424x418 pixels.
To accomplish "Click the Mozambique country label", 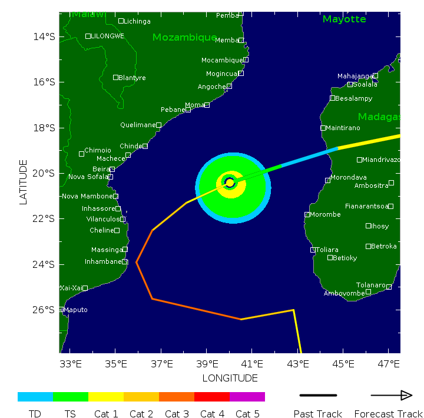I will [184, 38].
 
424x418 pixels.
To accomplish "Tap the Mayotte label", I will [344, 19].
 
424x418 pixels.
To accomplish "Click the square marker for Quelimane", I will [158, 125].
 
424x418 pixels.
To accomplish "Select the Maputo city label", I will [75, 310].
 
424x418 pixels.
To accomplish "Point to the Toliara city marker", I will [313, 250].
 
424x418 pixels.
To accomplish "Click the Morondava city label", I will [349, 177].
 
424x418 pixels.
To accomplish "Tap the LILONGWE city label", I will [107, 36].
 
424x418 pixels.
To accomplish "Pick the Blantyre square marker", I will [116, 77].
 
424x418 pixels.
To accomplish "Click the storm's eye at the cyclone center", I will [230, 183].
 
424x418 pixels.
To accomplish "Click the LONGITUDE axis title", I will [230, 378].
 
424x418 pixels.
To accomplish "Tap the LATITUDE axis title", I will [24, 182].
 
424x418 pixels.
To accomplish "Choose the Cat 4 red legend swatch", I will [212, 397].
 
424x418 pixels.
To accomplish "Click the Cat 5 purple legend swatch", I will [247, 397].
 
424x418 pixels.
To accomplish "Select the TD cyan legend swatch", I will [35, 397].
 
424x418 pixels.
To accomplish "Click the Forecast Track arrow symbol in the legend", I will [391, 396].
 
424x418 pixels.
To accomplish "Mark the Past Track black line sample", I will [318, 396].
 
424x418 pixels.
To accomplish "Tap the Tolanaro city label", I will [370, 285].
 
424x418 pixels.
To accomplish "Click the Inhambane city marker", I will [125, 261].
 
